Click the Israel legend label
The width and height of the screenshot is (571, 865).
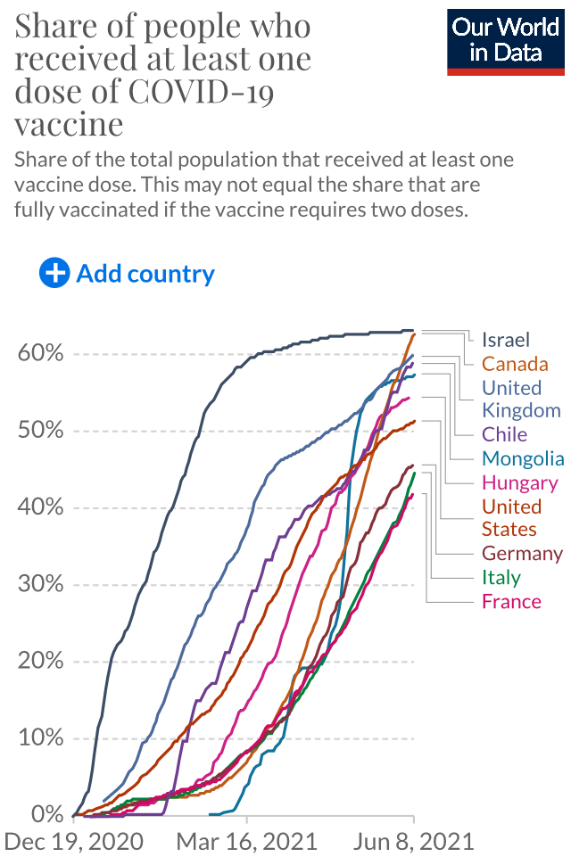(x=506, y=340)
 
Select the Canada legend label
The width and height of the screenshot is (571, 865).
(x=515, y=364)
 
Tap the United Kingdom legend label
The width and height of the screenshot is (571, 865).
(x=521, y=399)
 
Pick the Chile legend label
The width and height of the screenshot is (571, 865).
(x=504, y=435)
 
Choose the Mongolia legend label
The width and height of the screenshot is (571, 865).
(x=523, y=458)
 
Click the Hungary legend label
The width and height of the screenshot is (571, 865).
(x=519, y=482)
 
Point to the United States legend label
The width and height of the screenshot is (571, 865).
(x=511, y=517)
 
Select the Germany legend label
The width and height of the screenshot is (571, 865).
(x=522, y=554)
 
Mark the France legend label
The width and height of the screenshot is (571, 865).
(x=511, y=601)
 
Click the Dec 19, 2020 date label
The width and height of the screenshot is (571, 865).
(x=72, y=842)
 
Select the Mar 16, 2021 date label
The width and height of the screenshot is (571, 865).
(x=247, y=842)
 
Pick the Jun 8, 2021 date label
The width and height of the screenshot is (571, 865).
(x=412, y=842)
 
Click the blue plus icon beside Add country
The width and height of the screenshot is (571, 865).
(x=54, y=273)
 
